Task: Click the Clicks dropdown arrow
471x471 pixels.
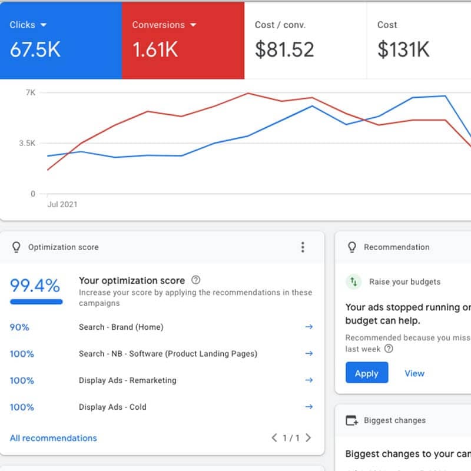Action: click(x=44, y=25)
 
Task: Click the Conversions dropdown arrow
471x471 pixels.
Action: click(x=193, y=25)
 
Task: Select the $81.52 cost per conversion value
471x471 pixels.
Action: click(x=284, y=49)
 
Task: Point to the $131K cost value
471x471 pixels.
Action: click(x=403, y=49)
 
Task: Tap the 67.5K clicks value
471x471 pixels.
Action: click(x=35, y=49)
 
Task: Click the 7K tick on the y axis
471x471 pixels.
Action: click(x=30, y=92)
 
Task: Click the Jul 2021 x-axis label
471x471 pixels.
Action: click(x=62, y=204)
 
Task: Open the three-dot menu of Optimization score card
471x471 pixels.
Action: click(x=303, y=247)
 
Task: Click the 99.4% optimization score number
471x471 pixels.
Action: click(x=35, y=286)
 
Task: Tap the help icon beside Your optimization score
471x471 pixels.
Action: click(x=196, y=280)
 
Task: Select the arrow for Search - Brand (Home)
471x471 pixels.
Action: click(x=309, y=327)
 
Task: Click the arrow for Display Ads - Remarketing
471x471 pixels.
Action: click(x=309, y=380)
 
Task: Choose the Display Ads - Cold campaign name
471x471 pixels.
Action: click(x=112, y=407)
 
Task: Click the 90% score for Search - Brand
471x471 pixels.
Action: click(x=19, y=327)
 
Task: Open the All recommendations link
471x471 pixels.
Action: click(x=54, y=438)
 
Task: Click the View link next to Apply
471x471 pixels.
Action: click(x=414, y=373)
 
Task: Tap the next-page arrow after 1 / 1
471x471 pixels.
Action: click(x=309, y=438)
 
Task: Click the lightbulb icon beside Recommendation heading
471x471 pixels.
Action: click(x=352, y=247)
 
